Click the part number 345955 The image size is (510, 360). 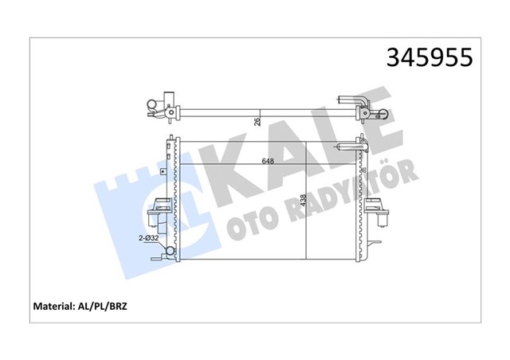click(x=429, y=57)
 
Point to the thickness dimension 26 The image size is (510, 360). click(x=257, y=122)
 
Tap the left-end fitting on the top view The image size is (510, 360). click(x=156, y=104)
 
